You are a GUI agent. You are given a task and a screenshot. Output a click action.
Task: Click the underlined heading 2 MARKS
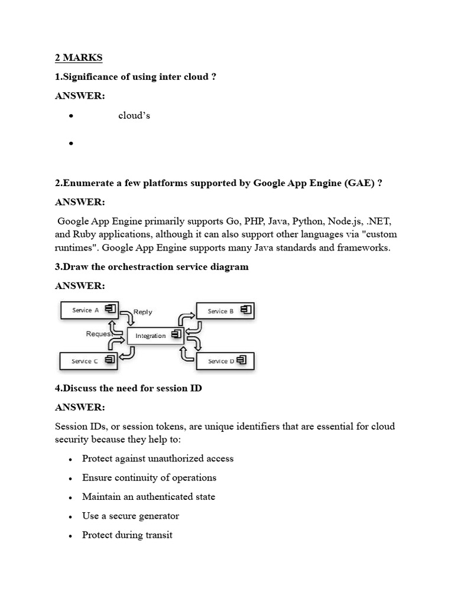(x=79, y=57)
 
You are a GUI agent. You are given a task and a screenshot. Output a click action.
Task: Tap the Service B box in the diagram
(x=225, y=311)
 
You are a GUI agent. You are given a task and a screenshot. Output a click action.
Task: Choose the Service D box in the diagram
(x=225, y=361)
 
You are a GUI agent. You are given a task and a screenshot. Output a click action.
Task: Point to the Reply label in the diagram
(x=142, y=312)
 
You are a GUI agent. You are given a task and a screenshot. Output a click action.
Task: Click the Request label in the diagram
(x=99, y=334)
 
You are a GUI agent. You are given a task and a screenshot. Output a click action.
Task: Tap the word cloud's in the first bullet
(x=134, y=115)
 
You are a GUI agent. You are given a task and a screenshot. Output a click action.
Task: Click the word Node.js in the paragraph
(x=344, y=221)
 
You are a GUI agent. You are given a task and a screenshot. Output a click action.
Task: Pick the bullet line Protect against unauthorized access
(x=158, y=458)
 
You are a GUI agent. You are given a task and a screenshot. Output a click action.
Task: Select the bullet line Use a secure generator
(x=131, y=516)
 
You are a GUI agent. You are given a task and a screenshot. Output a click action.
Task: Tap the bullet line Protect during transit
(x=127, y=535)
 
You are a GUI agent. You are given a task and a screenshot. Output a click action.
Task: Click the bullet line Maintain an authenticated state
(x=148, y=497)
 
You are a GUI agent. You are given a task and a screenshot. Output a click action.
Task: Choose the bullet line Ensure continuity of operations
(x=149, y=477)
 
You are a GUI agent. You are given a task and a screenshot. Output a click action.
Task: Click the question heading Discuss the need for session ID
(x=128, y=388)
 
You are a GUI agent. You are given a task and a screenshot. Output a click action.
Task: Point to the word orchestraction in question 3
(x=138, y=266)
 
